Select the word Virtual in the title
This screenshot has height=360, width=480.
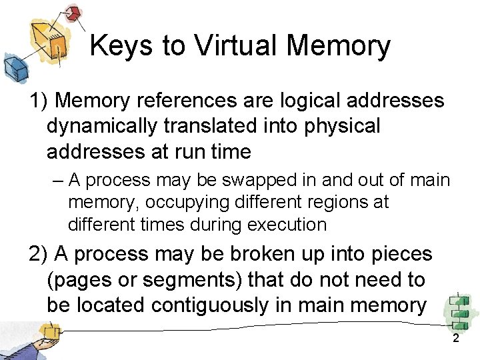234,47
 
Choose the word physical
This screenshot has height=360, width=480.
341,126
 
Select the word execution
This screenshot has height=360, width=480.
287,225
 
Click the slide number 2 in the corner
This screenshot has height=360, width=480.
456,339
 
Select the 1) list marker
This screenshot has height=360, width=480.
38,101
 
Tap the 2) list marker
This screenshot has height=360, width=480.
39,254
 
